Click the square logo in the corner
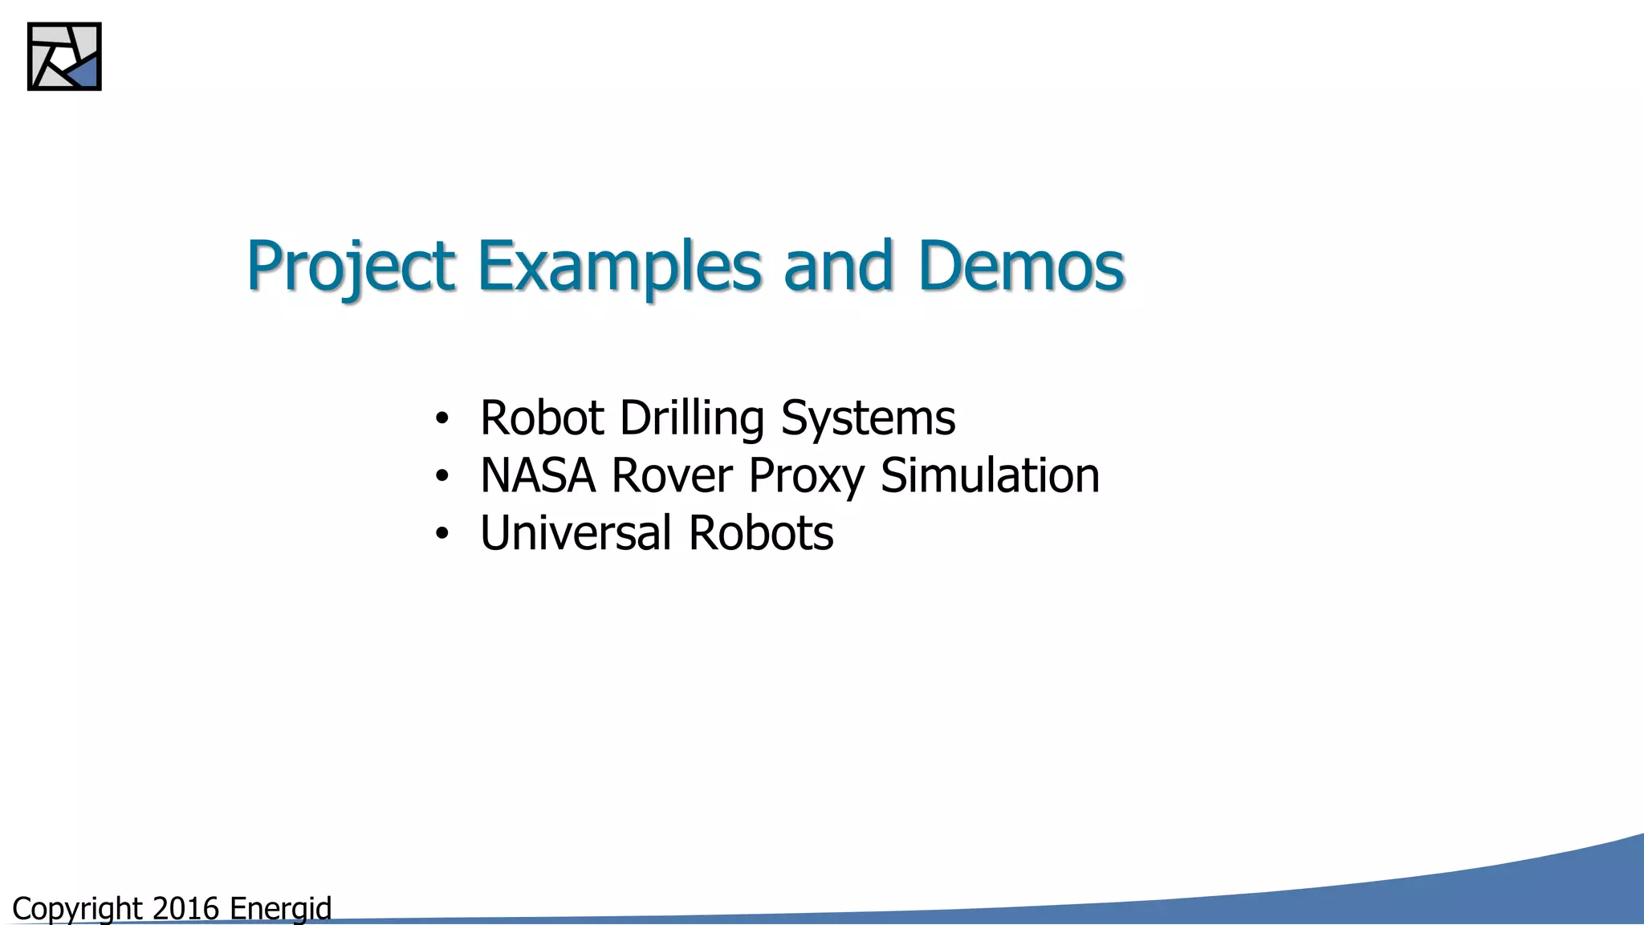[64, 56]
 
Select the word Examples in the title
[619, 266]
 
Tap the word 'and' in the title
[838, 266]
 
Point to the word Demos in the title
[1021, 266]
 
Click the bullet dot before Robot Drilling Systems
[442, 419]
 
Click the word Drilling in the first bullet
[692, 419]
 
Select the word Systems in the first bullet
[868, 419]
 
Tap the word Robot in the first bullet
[542, 419]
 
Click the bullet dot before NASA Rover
[442, 477]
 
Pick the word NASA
[538, 475]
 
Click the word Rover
[672, 475]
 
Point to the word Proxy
[806, 477]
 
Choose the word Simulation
[990, 475]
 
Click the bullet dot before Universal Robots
[442, 535]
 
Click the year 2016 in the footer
[185, 909]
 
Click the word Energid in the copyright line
[280, 909]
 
